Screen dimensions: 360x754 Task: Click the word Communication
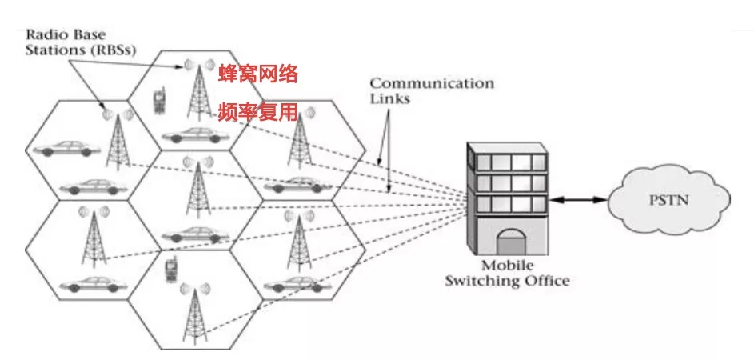[x=432, y=83]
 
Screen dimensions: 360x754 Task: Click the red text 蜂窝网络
[x=258, y=75]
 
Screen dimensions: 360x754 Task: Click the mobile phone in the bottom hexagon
[x=170, y=270]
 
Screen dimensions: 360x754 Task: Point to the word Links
[x=389, y=99]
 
